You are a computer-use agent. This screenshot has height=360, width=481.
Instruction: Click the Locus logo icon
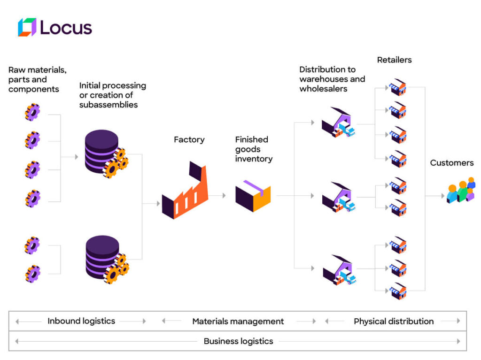click(27, 27)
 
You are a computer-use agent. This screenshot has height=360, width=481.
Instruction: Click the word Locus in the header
click(66, 28)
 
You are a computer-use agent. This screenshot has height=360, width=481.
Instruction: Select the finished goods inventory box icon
click(253, 195)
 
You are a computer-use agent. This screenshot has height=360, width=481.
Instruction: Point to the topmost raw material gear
click(32, 113)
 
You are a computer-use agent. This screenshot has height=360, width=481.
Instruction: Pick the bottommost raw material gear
click(32, 274)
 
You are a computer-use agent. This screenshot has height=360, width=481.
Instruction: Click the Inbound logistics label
click(81, 321)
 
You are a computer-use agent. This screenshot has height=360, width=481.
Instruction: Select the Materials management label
click(238, 322)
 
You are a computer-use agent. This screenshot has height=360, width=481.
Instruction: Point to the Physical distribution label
click(394, 322)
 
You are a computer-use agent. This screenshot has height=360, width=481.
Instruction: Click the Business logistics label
click(238, 341)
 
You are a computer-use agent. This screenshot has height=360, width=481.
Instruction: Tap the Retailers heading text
click(395, 60)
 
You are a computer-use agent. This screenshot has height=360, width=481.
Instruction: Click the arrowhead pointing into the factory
click(158, 204)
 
